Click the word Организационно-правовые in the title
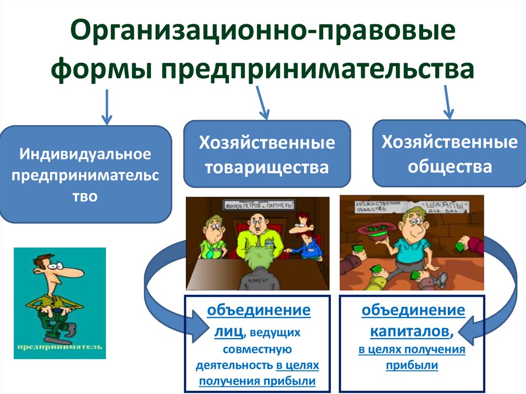pos(262,32)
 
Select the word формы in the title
pos(102,69)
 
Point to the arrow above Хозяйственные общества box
pos(448,101)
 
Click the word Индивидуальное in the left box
pos(86,154)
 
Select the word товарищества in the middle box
pos(267,167)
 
